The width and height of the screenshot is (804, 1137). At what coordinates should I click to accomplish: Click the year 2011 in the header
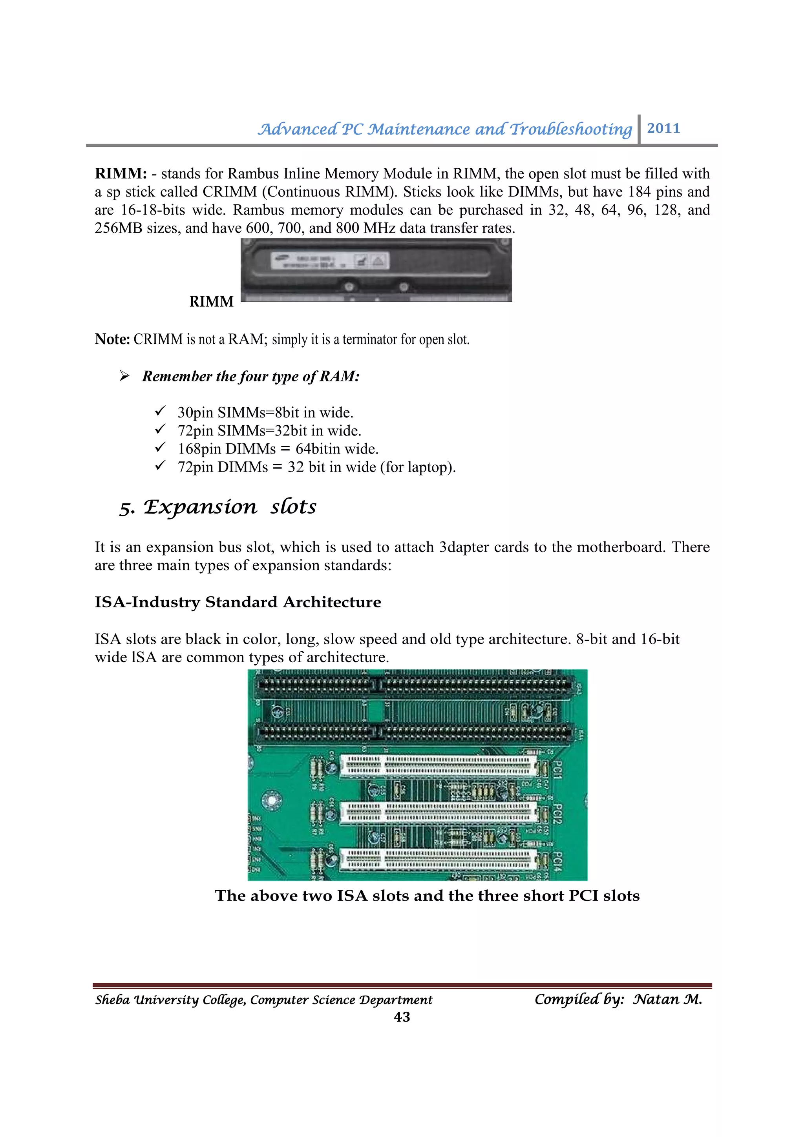[663, 128]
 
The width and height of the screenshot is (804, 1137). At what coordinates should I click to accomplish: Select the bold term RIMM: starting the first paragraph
[121, 174]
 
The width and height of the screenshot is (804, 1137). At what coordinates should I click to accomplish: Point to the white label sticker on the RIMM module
[329, 261]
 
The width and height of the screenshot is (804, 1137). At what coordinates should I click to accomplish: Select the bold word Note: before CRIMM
[112, 339]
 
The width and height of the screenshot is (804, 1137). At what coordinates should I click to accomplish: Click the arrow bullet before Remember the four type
[124, 376]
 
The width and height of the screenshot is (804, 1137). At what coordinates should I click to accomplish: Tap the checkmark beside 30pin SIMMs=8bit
[160, 412]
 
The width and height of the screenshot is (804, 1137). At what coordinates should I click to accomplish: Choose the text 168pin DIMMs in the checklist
[227, 449]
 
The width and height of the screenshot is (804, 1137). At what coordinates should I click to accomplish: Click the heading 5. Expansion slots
[217, 507]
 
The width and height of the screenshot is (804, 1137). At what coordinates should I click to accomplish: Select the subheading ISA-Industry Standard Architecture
[238, 602]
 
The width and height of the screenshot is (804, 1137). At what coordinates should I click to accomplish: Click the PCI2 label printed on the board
[557, 814]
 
